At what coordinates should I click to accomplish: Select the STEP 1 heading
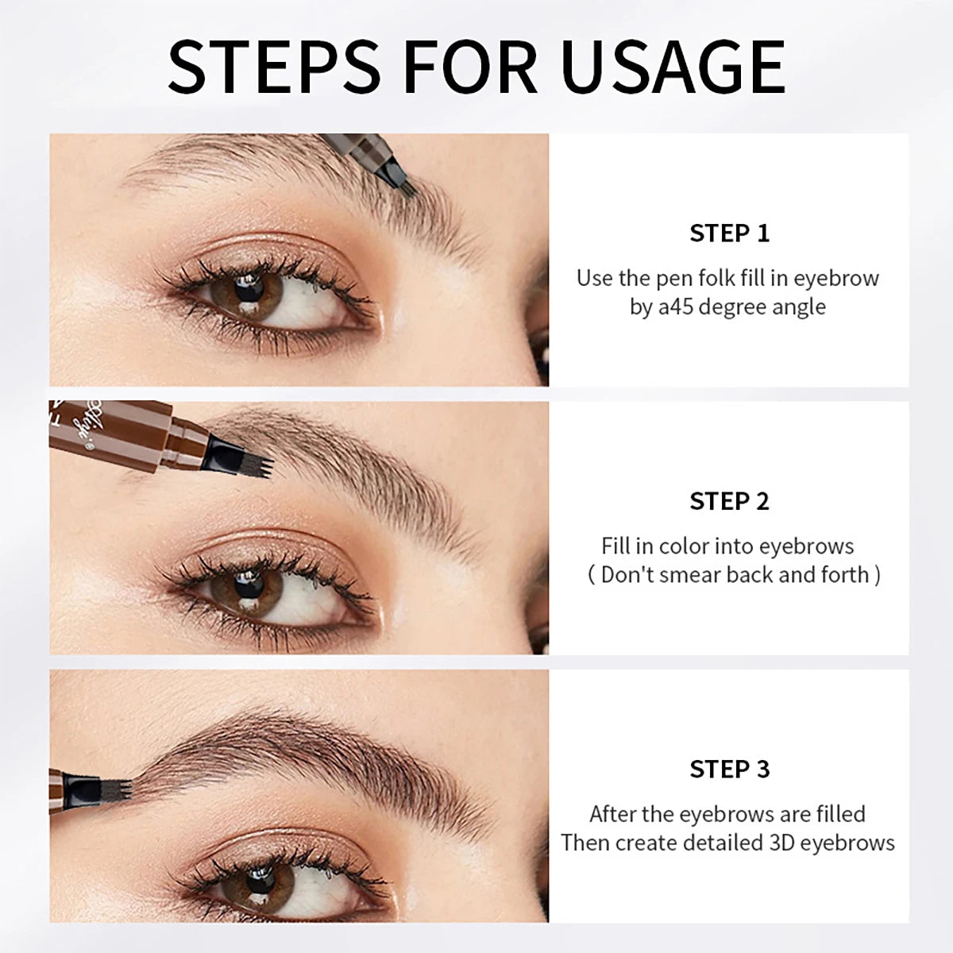pos(729,233)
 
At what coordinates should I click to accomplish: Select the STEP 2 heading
pos(729,501)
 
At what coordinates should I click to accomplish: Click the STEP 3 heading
pos(729,769)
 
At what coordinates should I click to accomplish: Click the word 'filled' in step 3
pos(831,814)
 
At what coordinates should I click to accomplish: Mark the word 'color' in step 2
pos(684,546)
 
